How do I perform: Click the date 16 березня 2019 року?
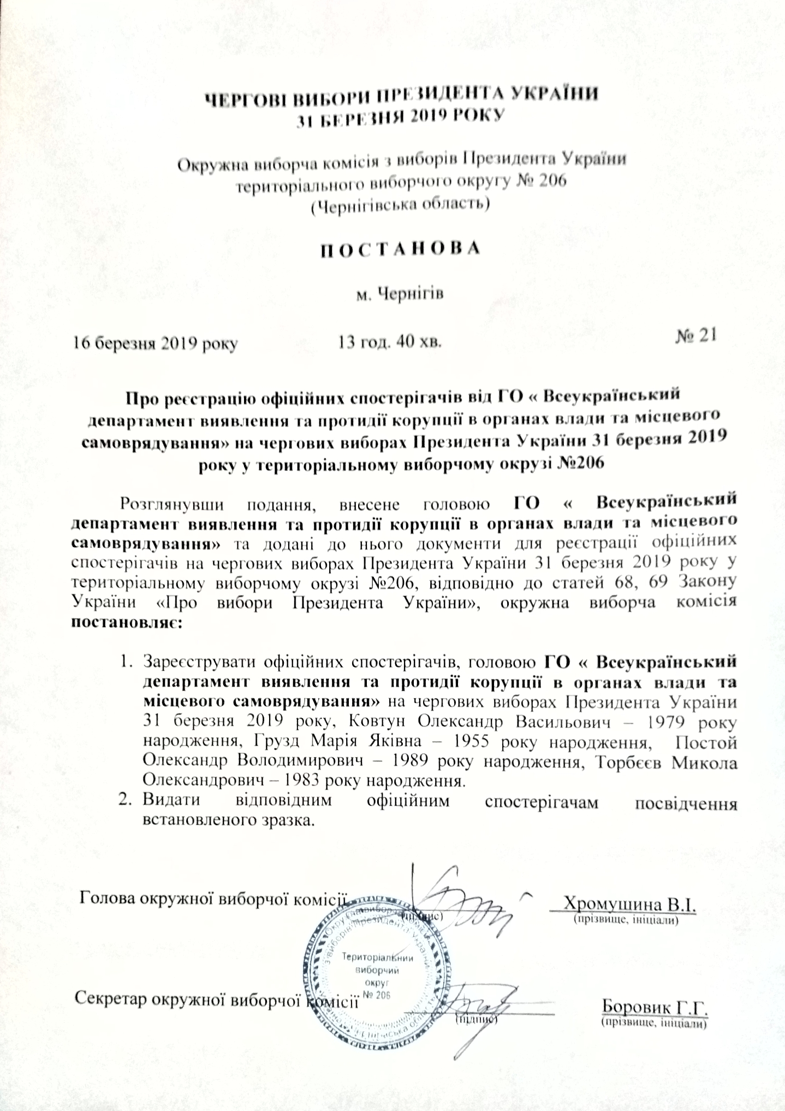click(156, 344)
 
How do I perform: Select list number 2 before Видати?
click(124, 803)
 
